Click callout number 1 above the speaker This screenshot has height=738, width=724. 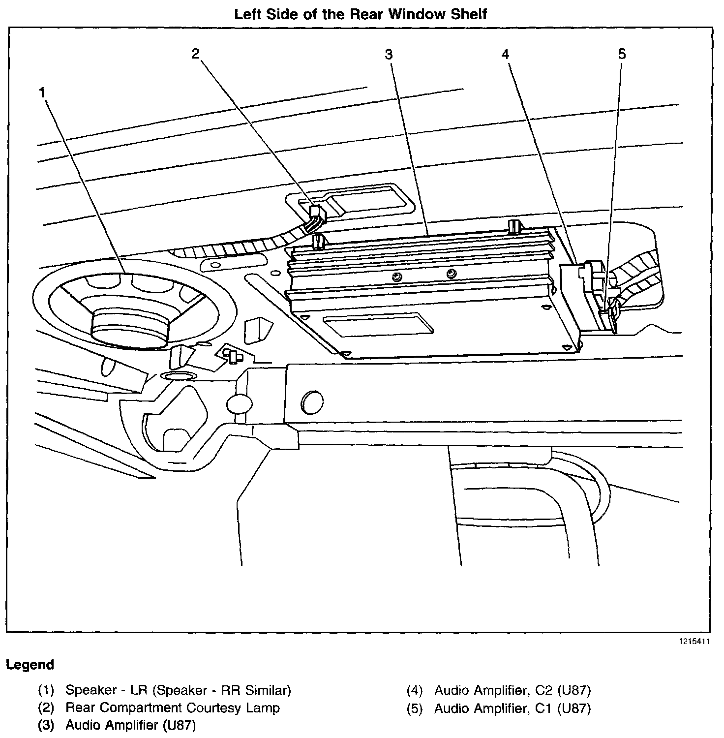[43, 92]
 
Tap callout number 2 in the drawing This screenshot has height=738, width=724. [196, 54]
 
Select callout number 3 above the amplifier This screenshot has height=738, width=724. [389, 54]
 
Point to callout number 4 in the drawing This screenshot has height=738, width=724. [506, 54]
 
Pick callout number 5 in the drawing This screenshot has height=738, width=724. [622, 54]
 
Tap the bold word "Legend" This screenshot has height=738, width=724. [30, 665]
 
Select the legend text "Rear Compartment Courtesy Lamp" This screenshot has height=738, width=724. [172, 708]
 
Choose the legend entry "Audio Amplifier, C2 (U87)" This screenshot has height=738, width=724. [512, 690]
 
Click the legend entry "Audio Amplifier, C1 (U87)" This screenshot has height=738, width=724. [512, 708]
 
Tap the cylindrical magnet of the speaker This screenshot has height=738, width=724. [130, 326]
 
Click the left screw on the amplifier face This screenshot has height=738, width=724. [396, 277]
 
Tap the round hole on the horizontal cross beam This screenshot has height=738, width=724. [311, 402]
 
